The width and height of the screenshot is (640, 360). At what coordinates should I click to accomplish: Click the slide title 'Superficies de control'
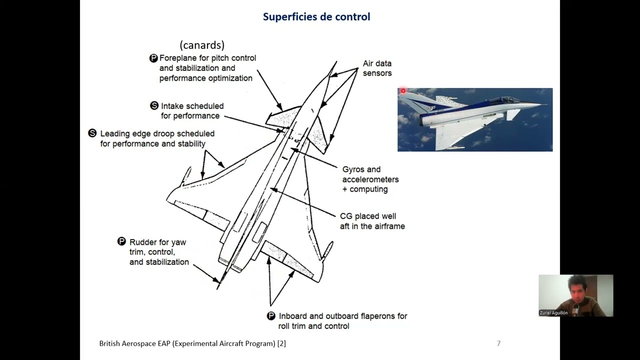click(316, 16)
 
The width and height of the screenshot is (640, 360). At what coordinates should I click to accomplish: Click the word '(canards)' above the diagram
click(202, 45)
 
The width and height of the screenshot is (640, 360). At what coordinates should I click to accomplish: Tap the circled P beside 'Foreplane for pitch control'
click(153, 58)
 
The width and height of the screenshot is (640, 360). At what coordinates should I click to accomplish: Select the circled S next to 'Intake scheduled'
click(154, 106)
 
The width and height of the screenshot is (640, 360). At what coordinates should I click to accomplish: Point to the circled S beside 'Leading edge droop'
click(92, 133)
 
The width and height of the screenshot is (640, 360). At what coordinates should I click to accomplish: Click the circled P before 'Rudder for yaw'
click(121, 242)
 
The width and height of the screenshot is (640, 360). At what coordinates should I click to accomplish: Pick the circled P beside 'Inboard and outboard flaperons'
click(270, 316)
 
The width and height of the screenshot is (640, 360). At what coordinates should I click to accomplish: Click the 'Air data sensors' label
click(377, 68)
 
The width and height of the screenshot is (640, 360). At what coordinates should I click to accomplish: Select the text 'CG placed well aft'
click(372, 221)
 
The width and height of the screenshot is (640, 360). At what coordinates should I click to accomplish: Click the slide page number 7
click(498, 343)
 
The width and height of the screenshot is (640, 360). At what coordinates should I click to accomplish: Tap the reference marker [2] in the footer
click(281, 343)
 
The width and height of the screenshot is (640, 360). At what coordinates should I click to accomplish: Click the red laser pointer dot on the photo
click(403, 91)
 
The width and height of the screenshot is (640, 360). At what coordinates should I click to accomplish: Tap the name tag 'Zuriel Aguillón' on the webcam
click(553, 313)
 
